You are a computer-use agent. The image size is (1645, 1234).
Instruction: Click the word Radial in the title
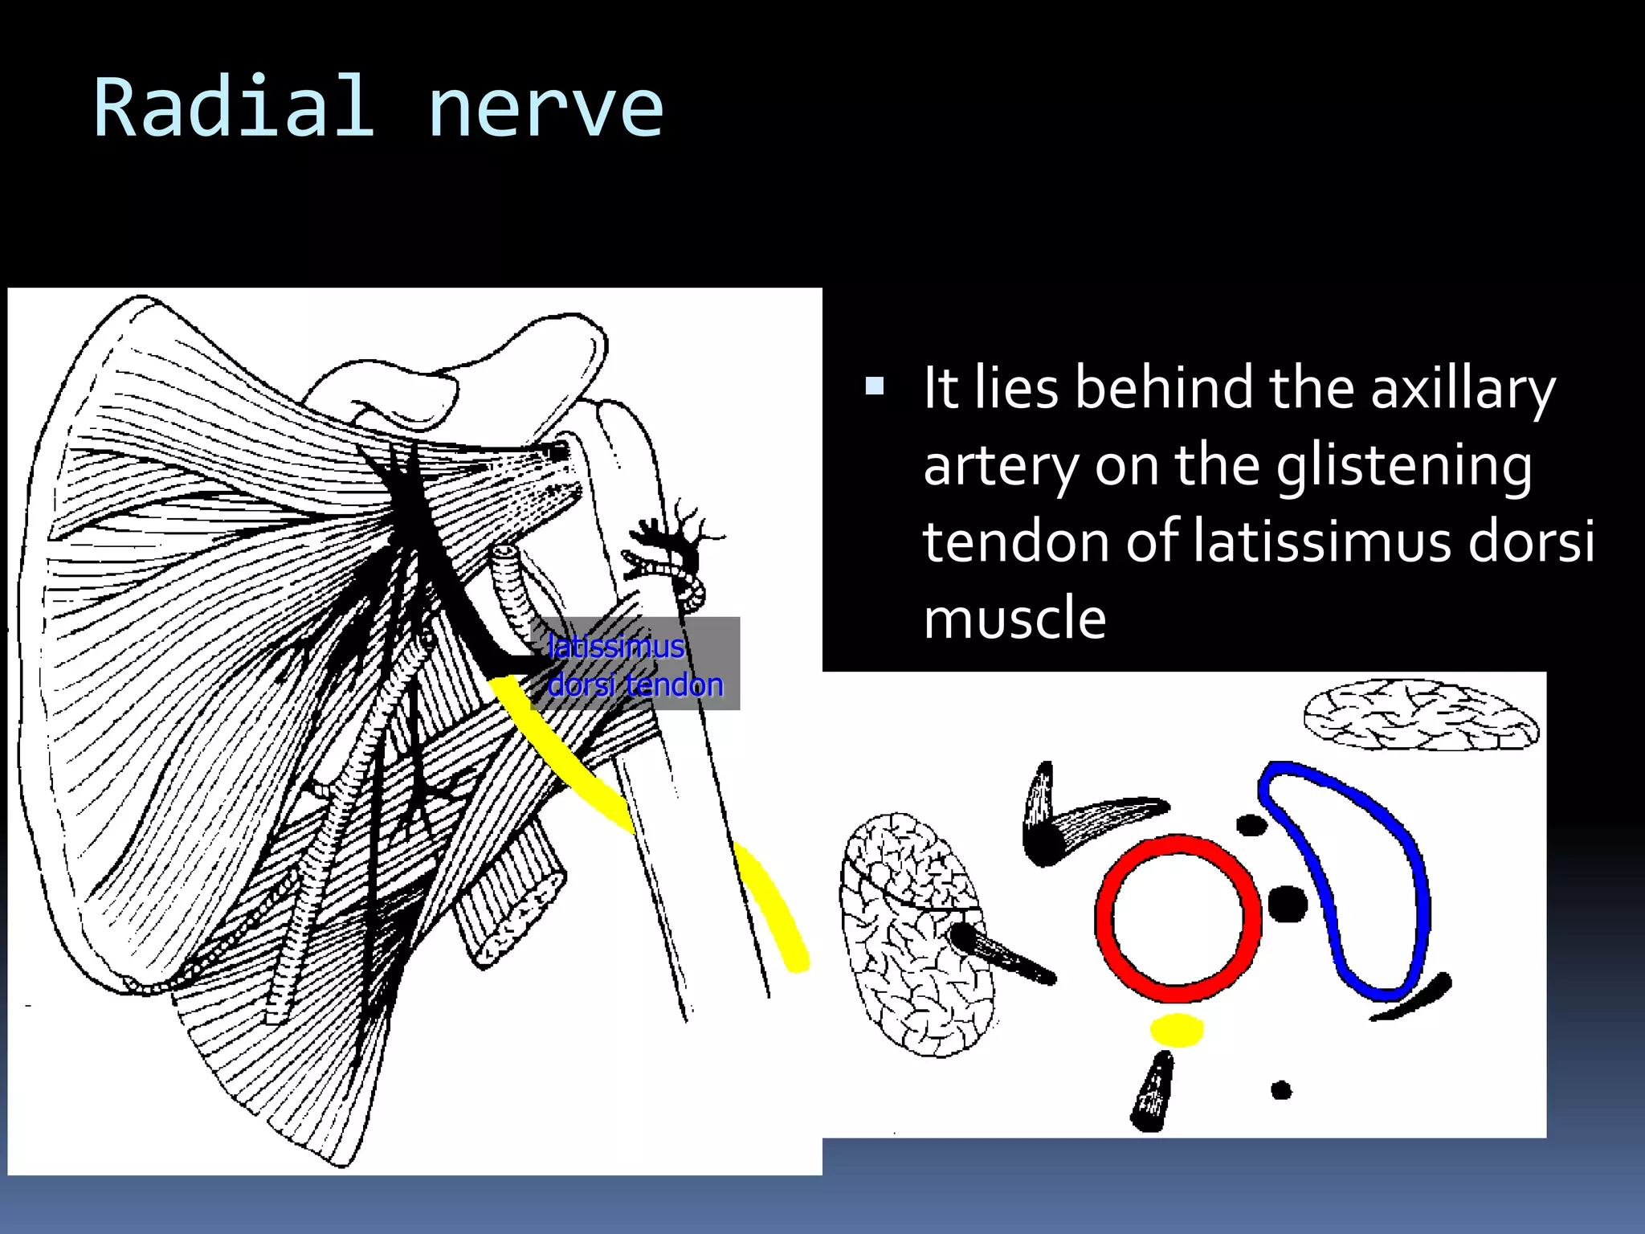234,108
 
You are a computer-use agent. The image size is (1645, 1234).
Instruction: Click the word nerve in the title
545,108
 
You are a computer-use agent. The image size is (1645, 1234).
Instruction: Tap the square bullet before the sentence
875,387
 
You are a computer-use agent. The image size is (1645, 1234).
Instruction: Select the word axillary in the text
1463,389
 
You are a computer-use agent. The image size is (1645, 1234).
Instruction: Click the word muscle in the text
1014,619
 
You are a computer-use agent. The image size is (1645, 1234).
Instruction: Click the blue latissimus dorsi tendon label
635,665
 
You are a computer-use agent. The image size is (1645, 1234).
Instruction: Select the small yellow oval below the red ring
1177,1029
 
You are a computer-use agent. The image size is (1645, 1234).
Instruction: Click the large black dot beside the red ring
1288,904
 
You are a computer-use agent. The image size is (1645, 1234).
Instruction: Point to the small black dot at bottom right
1281,1090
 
